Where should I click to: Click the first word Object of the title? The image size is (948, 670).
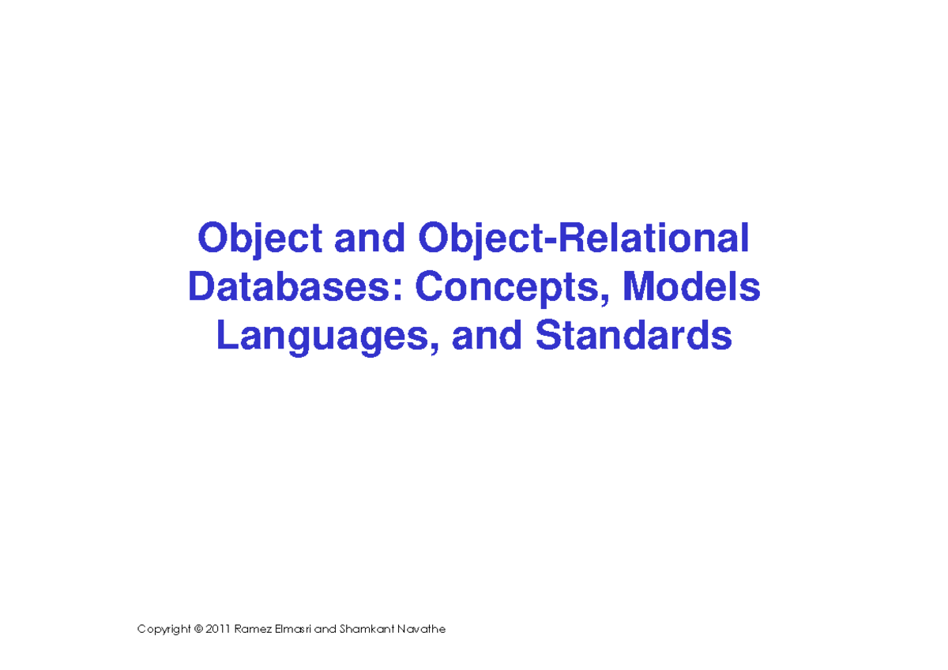click(x=260, y=239)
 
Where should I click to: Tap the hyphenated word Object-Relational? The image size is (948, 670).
click(x=583, y=239)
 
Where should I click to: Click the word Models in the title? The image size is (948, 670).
click(x=691, y=288)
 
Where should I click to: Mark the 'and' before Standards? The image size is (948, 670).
click(x=486, y=337)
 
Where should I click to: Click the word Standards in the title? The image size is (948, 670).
click(x=634, y=337)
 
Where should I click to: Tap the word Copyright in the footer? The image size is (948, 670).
click(x=164, y=630)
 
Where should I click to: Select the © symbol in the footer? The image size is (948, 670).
click(x=197, y=630)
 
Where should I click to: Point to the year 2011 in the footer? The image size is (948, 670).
click(x=218, y=630)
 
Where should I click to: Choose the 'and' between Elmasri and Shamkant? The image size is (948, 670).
click(x=325, y=630)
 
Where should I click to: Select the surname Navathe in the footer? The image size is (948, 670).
click(x=421, y=630)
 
